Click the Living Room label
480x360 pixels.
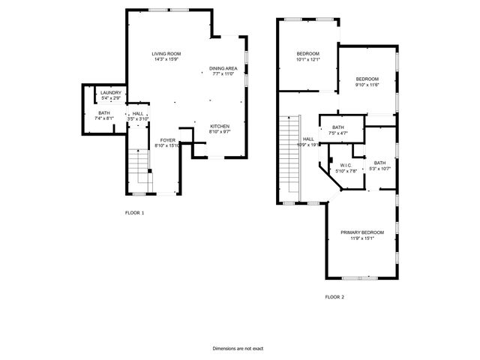coord(166,54)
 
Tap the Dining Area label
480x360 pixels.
coord(223,68)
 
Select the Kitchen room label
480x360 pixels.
coord(219,125)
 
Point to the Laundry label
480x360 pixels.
coord(111,93)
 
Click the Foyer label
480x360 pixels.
coord(167,140)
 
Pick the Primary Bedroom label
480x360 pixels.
coord(362,233)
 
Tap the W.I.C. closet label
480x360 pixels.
coord(346,165)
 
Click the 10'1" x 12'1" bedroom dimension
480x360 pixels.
coord(307,59)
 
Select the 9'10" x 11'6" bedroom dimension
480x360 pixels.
coord(367,85)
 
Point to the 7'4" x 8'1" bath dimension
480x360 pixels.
coord(103,118)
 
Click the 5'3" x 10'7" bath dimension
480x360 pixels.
coord(380,169)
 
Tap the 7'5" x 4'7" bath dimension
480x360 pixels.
coord(338,133)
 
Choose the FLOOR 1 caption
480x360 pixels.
coord(134,213)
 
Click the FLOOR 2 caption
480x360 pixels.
coord(334,297)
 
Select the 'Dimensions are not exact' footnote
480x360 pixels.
coord(238,349)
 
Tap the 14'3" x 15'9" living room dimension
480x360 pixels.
coord(166,60)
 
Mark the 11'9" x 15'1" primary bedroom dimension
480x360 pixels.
coord(362,239)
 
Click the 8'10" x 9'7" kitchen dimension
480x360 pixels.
coord(219,131)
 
